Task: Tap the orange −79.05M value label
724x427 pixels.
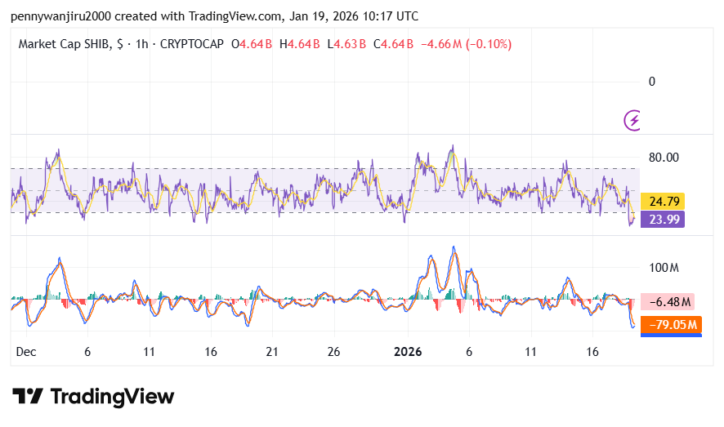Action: click(673, 325)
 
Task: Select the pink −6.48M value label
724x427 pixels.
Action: click(670, 302)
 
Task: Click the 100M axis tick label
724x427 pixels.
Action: click(664, 268)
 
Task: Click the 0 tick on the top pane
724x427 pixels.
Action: click(651, 81)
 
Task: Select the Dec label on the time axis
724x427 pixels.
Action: click(26, 352)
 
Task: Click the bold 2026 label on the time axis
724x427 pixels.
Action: click(407, 352)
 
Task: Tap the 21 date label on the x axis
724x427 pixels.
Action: click(272, 352)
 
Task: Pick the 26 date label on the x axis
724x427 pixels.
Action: click(333, 352)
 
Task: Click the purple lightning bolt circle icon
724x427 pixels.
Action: click(632, 120)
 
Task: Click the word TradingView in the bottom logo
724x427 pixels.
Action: click(112, 397)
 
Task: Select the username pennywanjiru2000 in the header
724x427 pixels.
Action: click(61, 16)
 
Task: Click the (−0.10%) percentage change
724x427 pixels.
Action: click(489, 44)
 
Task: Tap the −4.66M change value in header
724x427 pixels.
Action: click(441, 44)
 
